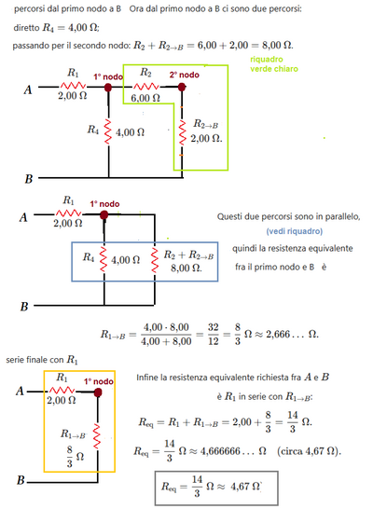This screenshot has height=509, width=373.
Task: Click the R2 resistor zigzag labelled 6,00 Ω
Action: pyautogui.click(x=145, y=87)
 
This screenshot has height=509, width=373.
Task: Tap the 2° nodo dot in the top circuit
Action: pyautogui.click(x=182, y=87)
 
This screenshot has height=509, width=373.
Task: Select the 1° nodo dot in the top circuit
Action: pyautogui.click(x=108, y=88)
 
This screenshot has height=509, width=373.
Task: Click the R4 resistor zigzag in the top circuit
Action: pyautogui.click(x=108, y=131)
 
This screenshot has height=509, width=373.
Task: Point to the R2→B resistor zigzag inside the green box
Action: pyautogui.click(x=182, y=132)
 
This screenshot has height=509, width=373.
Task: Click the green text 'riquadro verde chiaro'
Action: pyautogui.click(x=274, y=64)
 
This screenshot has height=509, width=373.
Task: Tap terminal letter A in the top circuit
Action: pyautogui.click(x=28, y=89)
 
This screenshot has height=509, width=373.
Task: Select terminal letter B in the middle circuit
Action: pyautogui.click(x=24, y=307)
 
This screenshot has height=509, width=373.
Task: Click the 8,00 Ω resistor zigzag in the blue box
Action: pyautogui.click(x=155, y=260)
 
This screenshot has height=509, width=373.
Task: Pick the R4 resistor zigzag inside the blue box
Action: pyautogui.click(x=104, y=260)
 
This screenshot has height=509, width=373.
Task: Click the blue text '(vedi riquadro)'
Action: pyautogui.click(x=295, y=231)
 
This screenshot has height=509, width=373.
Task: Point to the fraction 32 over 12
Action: pyautogui.click(x=213, y=334)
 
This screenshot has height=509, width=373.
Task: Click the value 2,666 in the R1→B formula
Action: pyautogui.click(x=278, y=334)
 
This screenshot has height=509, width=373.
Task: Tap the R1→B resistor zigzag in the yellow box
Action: pyautogui.click(x=97, y=436)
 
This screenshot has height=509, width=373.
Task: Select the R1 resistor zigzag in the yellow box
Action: pyautogui.click(x=62, y=390)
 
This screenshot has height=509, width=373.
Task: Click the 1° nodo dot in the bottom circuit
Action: pyautogui.click(x=98, y=392)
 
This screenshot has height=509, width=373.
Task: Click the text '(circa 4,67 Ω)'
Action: pyautogui.click(x=309, y=451)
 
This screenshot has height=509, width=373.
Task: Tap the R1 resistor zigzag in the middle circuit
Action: pyautogui.click(x=68, y=213)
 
